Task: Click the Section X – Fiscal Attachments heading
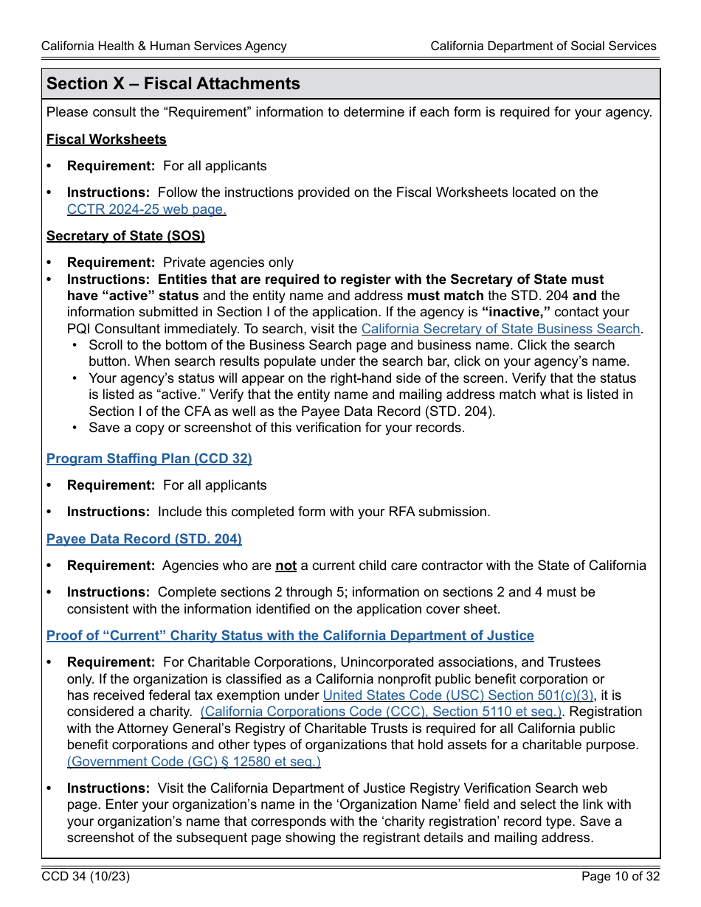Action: pyautogui.click(x=173, y=84)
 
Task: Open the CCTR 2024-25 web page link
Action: pyautogui.click(x=146, y=209)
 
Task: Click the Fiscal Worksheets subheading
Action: pyautogui.click(x=106, y=139)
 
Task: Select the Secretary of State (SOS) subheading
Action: pyautogui.click(x=125, y=236)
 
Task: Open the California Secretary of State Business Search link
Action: pyautogui.click(x=500, y=329)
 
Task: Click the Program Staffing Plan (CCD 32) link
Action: pyautogui.click(x=149, y=459)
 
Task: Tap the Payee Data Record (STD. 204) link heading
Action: pyautogui.click(x=144, y=539)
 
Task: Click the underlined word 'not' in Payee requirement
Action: pyautogui.click(x=286, y=566)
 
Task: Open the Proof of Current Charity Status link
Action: pyautogui.click(x=290, y=636)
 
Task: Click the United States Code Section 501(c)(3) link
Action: pyautogui.click(x=457, y=695)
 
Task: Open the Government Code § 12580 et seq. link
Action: pyautogui.click(x=193, y=762)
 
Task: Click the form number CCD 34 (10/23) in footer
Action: pyautogui.click(x=86, y=877)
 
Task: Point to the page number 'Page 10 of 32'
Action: pyautogui.click(x=620, y=877)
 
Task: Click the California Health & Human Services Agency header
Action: pyautogui.click(x=164, y=46)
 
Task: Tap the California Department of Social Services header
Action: pyautogui.click(x=543, y=46)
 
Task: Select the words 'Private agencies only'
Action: pyautogui.click(x=228, y=263)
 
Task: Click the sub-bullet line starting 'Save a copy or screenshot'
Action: pyautogui.click(x=277, y=428)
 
